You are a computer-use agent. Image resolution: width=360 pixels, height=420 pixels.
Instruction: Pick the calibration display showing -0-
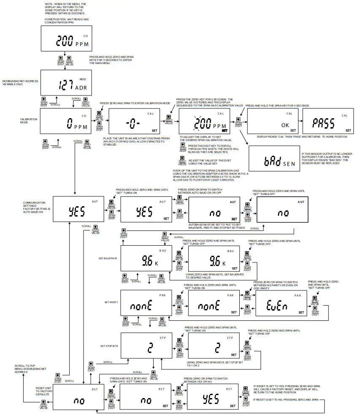pos(135,122)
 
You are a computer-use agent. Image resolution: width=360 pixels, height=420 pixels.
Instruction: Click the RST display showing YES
pos(213,397)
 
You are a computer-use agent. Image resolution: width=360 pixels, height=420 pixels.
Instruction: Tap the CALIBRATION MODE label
pos(29,121)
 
